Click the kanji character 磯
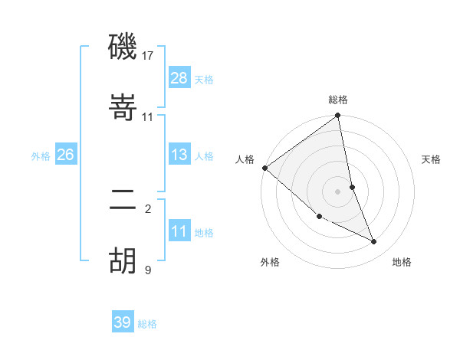coord(123,47)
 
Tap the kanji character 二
coord(123,200)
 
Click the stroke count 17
coord(149,56)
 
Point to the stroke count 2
coord(148,208)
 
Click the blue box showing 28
coord(179,77)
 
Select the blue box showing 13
coord(179,155)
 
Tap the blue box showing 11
coord(179,231)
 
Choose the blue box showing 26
coord(65,155)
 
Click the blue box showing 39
coord(123,322)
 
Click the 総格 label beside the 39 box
coord(147,324)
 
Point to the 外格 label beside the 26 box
coord(41,156)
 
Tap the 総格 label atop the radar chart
coord(338,100)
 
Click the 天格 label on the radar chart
coord(432,159)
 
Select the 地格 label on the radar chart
coord(402,262)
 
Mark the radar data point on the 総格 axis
coord(338,116)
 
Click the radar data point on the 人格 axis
coord(264,168)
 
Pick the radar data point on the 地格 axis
coord(374,241)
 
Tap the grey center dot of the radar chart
coord(338,191)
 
